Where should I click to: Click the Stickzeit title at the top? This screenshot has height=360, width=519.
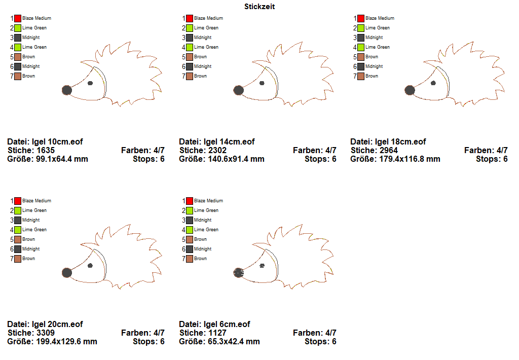(259, 7)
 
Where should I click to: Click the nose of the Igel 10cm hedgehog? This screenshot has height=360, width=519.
(66, 90)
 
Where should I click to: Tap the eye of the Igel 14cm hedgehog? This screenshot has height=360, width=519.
(262, 83)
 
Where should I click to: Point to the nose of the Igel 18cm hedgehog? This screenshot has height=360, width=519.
(410, 90)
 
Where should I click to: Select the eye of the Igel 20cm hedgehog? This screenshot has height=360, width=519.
(90, 265)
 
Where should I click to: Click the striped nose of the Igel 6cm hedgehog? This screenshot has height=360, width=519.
(238, 273)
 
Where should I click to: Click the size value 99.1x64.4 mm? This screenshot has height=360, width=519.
(62, 159)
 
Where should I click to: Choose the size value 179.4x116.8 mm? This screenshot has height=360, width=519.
(409, 159)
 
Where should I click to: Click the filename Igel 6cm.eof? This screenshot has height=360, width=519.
(227, 324)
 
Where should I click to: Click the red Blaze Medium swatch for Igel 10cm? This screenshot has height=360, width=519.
(18, 18)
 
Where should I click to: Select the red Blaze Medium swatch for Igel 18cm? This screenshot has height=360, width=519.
(361, 18)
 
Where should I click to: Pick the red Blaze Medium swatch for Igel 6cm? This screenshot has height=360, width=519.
(190, 201)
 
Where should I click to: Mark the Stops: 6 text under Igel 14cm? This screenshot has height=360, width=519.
(320, 159)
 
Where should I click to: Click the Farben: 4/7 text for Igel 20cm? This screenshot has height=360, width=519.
(143, 333)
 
